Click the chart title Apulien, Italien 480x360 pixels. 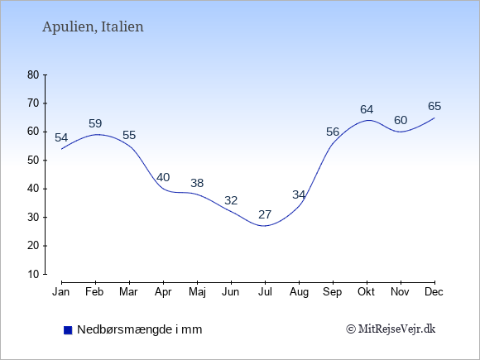93,27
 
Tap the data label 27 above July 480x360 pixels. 265,214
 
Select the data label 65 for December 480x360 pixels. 434,106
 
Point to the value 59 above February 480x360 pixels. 95,123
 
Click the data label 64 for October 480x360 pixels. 367,109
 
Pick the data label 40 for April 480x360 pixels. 163,177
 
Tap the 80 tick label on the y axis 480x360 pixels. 33,75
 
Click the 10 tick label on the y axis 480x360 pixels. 33,274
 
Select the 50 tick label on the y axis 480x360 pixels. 33,161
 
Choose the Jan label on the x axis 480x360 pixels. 61,292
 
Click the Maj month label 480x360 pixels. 197,292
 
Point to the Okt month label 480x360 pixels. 366,292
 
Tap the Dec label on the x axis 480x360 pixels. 434,292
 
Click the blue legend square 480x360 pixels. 68,330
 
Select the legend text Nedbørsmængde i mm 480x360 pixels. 140,329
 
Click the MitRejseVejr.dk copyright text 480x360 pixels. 391,329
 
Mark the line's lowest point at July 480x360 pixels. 265,226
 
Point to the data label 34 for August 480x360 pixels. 299,194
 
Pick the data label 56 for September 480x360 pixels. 333,132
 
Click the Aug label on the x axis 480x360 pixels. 299,293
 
